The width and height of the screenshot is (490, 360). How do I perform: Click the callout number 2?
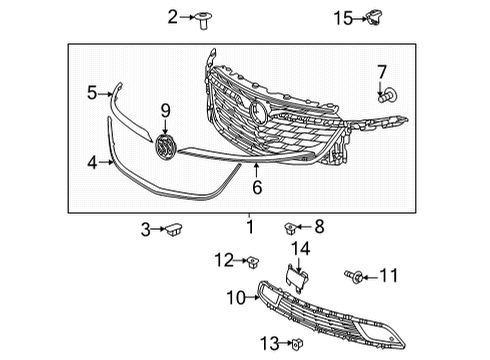point(172,16)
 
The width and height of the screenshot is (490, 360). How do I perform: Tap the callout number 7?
point(381,72)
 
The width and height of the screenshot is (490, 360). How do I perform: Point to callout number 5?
point(91,93)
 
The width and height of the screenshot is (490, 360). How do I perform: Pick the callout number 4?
point(93,160)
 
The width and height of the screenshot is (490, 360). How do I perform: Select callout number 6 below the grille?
point(256,185)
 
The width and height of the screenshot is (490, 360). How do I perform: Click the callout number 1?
point(249,228)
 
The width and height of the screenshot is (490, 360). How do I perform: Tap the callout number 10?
point(235,296)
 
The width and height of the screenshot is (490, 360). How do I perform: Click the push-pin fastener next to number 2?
point(206,17)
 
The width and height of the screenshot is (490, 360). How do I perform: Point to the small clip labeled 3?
point(176,230)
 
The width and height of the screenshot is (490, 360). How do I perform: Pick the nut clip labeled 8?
point(292,228)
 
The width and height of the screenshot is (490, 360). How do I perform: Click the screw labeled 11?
point(352,274)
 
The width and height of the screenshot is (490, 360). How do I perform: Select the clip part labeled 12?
point(250,262)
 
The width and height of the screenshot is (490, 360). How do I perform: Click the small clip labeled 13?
point(297,345)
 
